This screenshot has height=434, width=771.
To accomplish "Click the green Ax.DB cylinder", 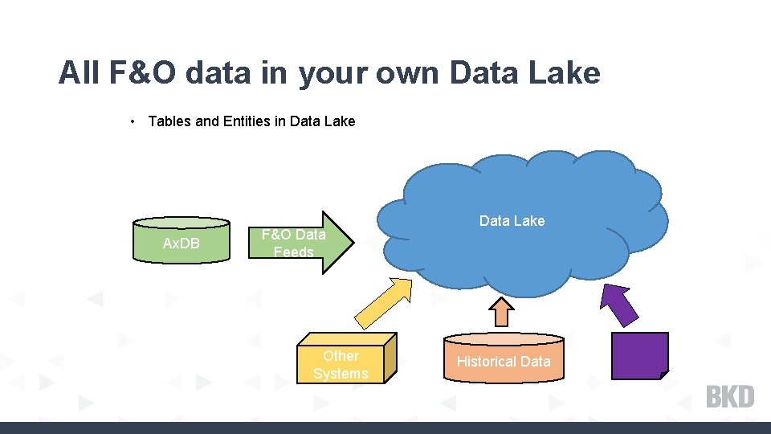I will (x=182, y=241).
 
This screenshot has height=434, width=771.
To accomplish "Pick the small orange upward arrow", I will (x=502, y=311).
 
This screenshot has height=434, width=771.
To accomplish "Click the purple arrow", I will (x=621, y=305).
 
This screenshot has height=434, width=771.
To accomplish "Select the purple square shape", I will (x=639, y=355).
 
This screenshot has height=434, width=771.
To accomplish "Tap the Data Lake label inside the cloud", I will (x=512, y=220).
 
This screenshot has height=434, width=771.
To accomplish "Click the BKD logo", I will (x=730, y=396).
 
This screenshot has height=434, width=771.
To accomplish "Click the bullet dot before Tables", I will (x=132, y=121).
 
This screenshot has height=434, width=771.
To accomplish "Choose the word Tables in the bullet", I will (x=170, y=121).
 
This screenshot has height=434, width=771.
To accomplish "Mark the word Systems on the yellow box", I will (x=341, y=374).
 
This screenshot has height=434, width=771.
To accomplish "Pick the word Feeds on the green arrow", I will (x=293, y=252).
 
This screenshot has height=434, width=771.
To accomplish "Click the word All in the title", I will (x=79, y=73).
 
